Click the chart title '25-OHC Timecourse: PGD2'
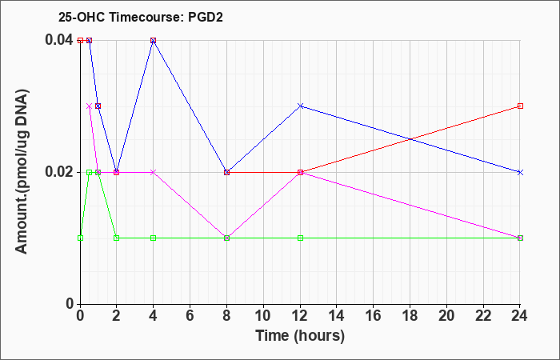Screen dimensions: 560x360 point(141,17)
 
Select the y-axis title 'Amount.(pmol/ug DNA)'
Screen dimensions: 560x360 point(22,171)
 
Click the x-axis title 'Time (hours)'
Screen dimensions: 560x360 point(300,336)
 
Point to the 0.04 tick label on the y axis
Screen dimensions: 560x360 point(59,40)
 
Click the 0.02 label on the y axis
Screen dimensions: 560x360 point(59,172)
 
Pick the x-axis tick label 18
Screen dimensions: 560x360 point(410,316)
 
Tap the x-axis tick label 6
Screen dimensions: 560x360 point(190,316)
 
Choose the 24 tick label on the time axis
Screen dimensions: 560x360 point(520,316)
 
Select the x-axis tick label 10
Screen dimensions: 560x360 point(263,316)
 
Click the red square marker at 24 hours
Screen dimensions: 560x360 point(520,106)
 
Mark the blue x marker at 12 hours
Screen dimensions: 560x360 point(300,106)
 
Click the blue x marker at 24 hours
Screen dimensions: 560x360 point(520,172)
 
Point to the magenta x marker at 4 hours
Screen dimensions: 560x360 point(154,172)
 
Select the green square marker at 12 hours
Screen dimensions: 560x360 point(300,238)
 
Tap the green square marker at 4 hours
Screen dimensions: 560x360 point(154,238)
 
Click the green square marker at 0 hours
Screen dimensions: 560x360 point(80,238)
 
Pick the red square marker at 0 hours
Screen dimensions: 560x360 point(80,40)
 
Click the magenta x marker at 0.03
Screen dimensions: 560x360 point(90,106)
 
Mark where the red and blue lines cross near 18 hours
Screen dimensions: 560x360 point(410,139)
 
